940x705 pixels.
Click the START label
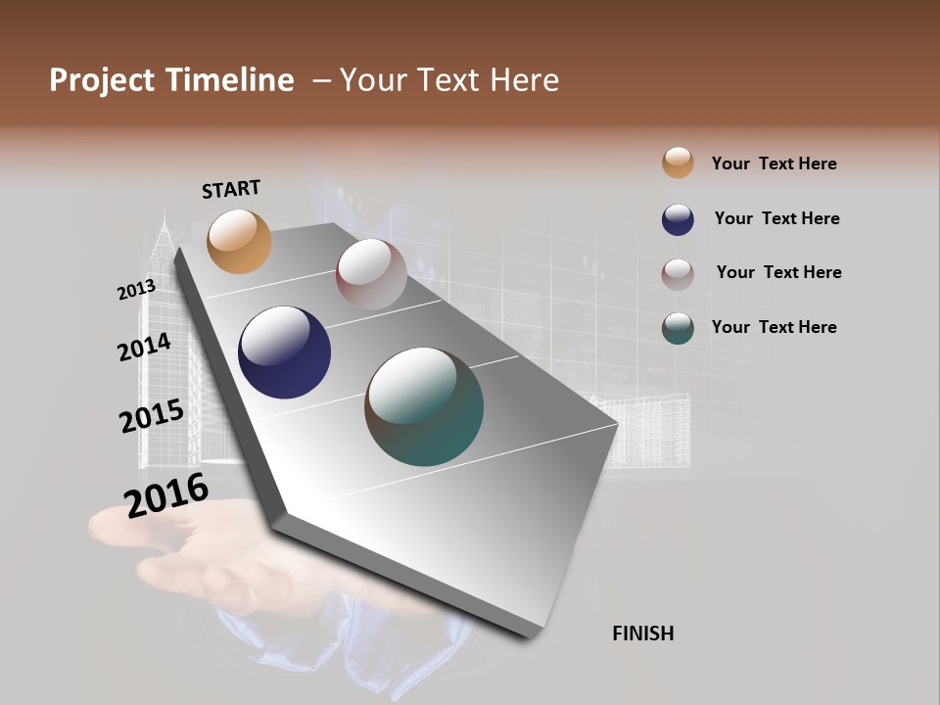click(231, 189)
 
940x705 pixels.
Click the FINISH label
click(642, 634)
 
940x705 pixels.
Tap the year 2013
click(136, 290)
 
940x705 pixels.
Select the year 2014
click(144, 348)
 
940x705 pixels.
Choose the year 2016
click(166, 494)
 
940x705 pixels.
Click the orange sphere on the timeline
click(239, 241)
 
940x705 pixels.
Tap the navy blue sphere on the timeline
click(284, 352)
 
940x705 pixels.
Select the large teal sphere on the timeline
click(424, 406)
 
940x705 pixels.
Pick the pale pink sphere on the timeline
click(371, 274)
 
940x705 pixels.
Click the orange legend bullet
click(678, 163)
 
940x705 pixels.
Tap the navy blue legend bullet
click(678, 219)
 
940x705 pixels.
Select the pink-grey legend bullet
click(678, 274)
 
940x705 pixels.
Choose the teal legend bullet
click(678, 328)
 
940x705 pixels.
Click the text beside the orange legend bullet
click(774, 164)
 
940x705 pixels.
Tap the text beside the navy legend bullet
click(776, 218)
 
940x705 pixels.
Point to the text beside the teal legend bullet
click(774, 327)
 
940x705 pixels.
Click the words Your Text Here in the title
click(449, 80)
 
